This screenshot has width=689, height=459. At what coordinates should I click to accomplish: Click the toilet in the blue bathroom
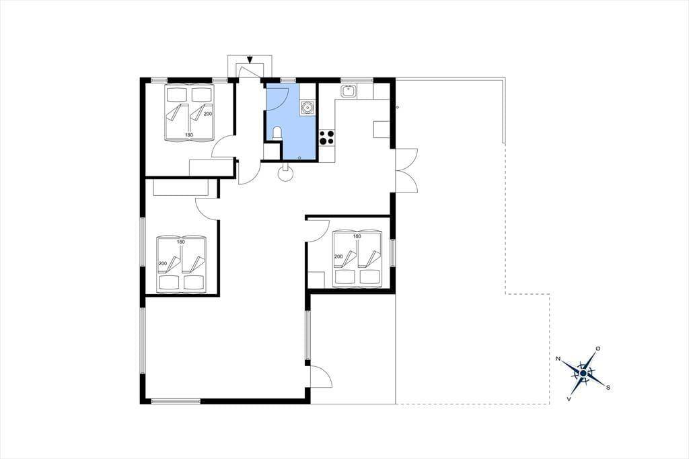pos(277,134)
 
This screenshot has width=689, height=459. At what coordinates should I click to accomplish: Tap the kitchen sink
pos(349,91)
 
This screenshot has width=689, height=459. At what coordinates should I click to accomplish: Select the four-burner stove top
pos(326,137)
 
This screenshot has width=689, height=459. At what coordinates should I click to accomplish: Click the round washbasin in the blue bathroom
pos(307,107)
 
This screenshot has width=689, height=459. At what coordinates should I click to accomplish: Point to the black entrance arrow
pos(250,59)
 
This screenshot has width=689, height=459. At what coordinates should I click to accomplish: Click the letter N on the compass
pos(558,359)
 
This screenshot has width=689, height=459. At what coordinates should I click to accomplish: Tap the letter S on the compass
pos(608,388)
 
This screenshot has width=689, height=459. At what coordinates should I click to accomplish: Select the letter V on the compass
pos(569,399)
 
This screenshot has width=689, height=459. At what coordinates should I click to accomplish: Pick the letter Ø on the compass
pos(597,348)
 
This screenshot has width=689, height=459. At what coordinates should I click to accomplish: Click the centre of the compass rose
pos(583,374)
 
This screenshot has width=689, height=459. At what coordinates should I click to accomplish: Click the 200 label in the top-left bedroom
pos(208,114)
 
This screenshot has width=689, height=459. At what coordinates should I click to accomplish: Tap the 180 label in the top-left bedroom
pos(189,135)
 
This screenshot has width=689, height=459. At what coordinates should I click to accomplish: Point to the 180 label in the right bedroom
pos(357,236)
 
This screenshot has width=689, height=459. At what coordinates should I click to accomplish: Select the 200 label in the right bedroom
pos(338,257)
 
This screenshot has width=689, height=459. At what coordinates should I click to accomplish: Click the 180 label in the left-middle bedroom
pos(180,242)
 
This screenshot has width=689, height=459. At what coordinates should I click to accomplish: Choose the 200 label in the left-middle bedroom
pos(163,263)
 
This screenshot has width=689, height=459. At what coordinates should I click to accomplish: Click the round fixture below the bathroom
pos(286,174)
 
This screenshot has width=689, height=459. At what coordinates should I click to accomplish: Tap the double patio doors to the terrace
pos(406,170)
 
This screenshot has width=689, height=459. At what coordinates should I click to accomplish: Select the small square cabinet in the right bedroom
pos(316,279)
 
